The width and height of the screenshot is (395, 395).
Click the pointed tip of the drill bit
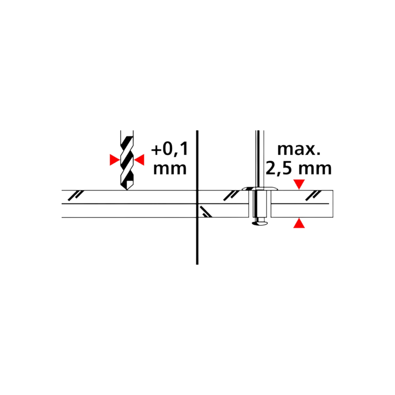click(127, 190)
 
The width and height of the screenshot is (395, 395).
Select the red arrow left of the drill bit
click(115, 160)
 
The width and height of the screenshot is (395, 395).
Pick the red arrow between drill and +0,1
click(139, 160)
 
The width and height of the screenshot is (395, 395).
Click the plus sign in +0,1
click(156, 150)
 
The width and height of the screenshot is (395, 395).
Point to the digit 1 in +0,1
click(184, 149)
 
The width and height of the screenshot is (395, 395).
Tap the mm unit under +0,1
click(170, 169)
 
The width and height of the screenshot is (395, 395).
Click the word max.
click(299, 150)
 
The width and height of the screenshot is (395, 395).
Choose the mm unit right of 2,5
click(315, 169)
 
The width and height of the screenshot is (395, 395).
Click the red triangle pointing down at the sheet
click(299, 184)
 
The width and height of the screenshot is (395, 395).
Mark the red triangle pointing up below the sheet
click(299, 223)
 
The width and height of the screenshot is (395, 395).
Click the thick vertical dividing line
click(197, 197)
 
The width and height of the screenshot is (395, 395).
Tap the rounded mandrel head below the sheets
click(260, 223)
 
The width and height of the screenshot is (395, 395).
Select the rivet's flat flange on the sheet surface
click(260, 189)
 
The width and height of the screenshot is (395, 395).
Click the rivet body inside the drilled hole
click(260, 204)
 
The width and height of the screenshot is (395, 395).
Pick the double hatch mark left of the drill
click(76, 196)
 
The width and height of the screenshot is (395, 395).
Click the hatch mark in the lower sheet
click(206, 212)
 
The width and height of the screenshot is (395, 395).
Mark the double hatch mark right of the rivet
click(313, 196)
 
